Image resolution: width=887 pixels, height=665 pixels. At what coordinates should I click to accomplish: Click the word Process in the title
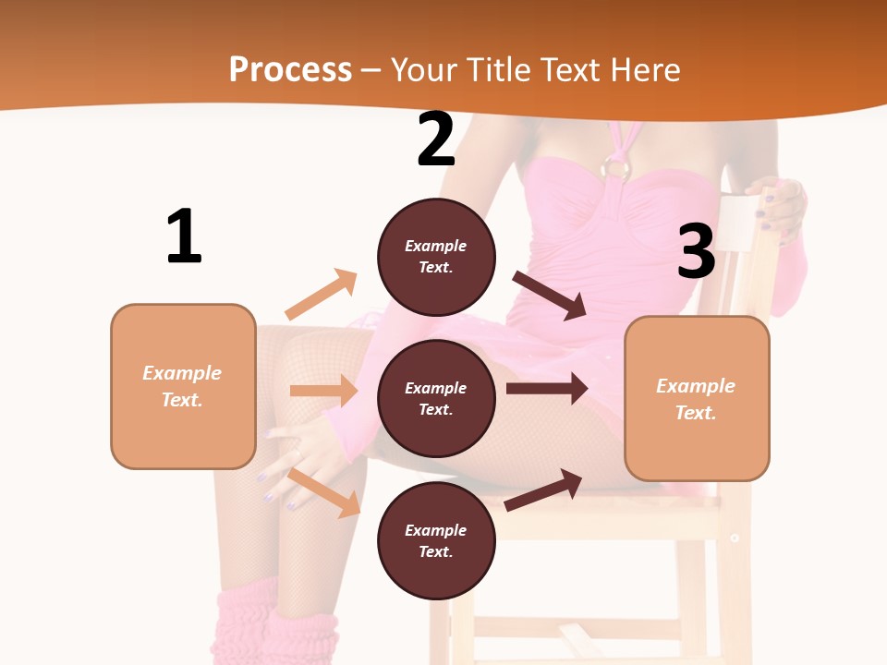pos(290,69)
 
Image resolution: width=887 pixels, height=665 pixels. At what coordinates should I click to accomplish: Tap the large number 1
pos(184,237)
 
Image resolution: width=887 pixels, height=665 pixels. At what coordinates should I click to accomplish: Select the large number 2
pos(436,140)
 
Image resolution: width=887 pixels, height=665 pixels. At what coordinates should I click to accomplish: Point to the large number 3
pos(696,252)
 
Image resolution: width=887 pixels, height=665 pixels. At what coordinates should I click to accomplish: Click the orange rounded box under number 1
pos(183,386)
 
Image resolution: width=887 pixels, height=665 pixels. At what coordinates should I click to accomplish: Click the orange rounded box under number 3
pos(697,398)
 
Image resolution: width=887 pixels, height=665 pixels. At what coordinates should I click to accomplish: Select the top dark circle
pos(436,257)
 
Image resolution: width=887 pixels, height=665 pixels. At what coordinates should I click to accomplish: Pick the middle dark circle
pos(436,398)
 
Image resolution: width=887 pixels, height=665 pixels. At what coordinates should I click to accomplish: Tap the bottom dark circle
pos(436,540)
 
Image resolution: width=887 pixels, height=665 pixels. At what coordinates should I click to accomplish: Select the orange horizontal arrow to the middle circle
pos(323,391)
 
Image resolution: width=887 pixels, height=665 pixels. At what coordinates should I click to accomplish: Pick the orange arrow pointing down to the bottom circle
pos(324,491)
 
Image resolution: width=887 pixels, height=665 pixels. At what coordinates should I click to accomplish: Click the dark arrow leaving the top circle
pos(551,295)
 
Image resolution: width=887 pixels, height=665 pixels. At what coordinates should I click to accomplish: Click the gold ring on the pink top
pos(616,167)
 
